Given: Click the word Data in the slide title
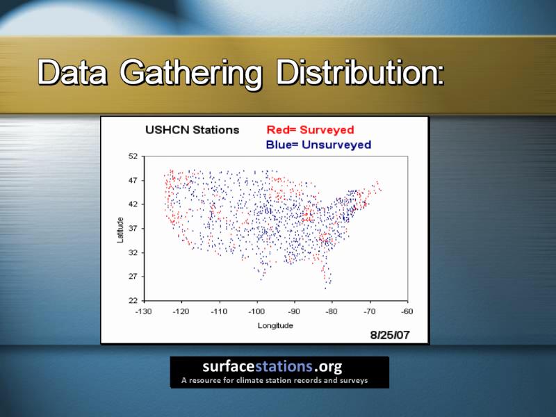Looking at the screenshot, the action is coord(72,72).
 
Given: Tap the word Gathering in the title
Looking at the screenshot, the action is coord(190,74).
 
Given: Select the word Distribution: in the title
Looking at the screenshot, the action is coord(360,72).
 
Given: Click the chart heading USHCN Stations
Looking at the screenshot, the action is coord(193,130).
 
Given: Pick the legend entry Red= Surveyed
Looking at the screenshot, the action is coord(310,130).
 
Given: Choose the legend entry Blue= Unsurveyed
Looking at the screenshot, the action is coord(318,145).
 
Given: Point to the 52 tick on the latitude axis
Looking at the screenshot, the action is coord(133,156).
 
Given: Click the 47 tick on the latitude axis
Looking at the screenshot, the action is coord(133,181).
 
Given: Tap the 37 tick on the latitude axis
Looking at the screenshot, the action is coord(133,229).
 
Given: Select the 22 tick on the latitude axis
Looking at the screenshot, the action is coord(133,301).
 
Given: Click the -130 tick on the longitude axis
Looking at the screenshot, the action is coord(144,311).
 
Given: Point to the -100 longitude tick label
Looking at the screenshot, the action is coord(256,311).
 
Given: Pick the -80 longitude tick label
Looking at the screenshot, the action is coord(332,311).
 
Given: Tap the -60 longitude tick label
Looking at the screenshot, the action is coord(407,311).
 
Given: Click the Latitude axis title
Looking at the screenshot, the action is coord(120,230).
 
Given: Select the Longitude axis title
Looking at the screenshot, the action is coord(275,325).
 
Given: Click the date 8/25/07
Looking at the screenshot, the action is coord(390,335).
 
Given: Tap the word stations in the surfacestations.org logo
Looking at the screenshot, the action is coord(284,366).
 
